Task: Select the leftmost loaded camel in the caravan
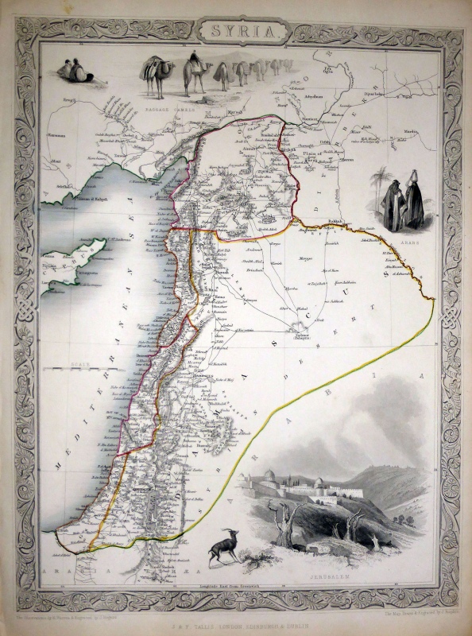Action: pos(152,76)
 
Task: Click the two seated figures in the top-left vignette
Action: pos(75,72)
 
